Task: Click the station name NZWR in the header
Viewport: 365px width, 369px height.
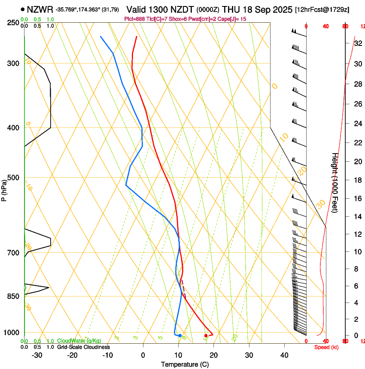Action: pyautogui.click(x=40, y=9)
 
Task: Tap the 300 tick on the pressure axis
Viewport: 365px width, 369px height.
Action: pyautogui.click(x=13, y=64)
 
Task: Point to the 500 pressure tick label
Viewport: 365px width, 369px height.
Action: pyautogui.click(x=13, y=178)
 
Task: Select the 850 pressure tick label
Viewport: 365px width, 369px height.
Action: pyautogui.click(x=13, y=296)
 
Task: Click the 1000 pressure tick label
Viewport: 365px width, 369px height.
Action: pyautogui.click(x=12, y=333)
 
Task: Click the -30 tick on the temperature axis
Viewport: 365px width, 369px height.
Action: pyautogui.click(x=37, y=355)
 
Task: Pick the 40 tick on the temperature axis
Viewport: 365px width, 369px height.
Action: pyautogui.click(x=284, y=355)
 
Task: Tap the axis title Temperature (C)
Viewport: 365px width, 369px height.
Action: pyautogui.click(x=185, y=364)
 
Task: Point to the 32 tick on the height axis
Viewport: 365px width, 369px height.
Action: pyautogui.click(x=358, y=43)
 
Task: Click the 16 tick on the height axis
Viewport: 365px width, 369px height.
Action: pyautogui.click(x=358, y=198)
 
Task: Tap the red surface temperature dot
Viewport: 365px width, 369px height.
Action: pyautogui.click(x=206, y=336)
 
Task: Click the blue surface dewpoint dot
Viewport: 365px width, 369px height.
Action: pyautogui.click(x=180, y=336)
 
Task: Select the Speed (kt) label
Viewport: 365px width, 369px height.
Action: pyautogui.click(x=326, y=347)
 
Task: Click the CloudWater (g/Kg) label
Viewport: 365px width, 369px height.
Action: pyautogui.click(x=79, y=341)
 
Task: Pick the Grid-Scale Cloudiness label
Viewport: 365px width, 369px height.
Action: pyautogui.click(x=83, y=347)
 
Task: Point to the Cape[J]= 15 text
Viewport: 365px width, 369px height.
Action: pyautogui.click(x=231, y=19)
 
